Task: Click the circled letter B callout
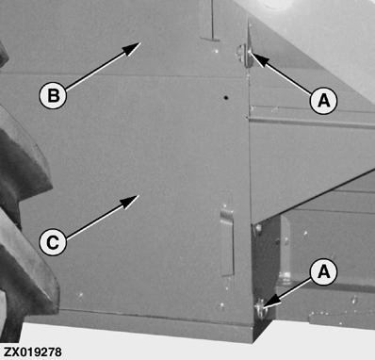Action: pos(53,95)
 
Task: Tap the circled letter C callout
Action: pos(53,242)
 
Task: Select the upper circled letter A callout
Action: pos(324,101)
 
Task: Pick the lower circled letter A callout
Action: pos(324,271)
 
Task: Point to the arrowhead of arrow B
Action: pos(131,48)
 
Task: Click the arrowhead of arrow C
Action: pos(129,202)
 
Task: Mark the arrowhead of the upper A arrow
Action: pos(260,59)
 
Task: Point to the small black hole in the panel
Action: pos(225,98)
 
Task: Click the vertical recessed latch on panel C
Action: pos(227,234)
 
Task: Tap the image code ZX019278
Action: pos(33,352)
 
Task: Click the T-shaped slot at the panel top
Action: pos(211,21)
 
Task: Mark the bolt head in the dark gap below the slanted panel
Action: pos(258,230)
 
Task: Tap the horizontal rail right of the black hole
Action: pos(311,122)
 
